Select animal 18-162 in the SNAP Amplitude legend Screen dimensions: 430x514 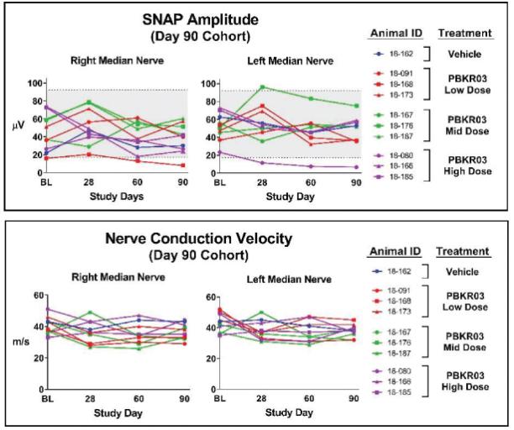(x=400, y=54)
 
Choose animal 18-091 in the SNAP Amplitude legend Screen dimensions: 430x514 (x=400, y=74)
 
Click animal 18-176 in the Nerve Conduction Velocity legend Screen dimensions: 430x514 (x=400, y=342)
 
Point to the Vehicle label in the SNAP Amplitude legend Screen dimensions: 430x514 (x=464, y=54)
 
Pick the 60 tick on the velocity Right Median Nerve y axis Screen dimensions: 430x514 (x=39, y=295)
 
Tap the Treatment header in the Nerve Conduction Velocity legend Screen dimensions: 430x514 (x=464, y=251)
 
